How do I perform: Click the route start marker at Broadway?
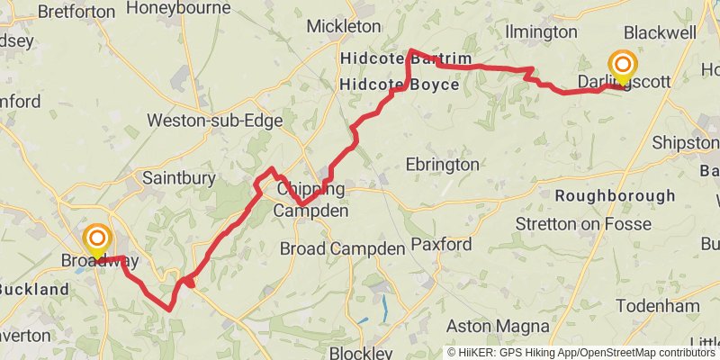(96, 240)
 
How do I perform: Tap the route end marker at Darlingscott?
(622, 66)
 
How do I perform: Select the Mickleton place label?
(344, 26)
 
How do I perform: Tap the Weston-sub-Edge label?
(215, 121)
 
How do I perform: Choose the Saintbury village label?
(179, 178)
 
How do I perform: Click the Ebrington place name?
(442, 165)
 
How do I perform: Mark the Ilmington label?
(541, 32)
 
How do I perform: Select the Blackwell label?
(660, 32)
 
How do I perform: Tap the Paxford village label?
(441, 244)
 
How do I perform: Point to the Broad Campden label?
(343, 247)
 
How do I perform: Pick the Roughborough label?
(616, 195)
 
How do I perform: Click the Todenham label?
(665, 306)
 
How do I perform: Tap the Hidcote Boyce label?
(400, 85)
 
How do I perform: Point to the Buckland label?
(34, 290)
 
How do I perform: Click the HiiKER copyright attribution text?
(581, 352)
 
